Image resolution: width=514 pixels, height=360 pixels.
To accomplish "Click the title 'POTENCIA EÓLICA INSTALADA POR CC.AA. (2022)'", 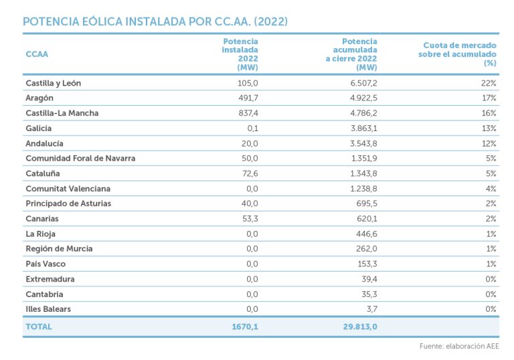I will point(155,21).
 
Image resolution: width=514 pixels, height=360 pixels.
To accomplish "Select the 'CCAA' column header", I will point(37,54).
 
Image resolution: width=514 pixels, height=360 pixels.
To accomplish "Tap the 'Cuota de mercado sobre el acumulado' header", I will point(457,54).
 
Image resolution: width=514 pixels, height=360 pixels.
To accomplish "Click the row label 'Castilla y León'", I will point(54,83).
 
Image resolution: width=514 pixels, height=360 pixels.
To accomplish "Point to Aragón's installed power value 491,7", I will point(246,98).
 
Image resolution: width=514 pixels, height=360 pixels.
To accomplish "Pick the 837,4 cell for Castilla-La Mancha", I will point(246,113).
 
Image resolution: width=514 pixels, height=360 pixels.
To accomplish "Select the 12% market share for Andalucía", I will point(489,143).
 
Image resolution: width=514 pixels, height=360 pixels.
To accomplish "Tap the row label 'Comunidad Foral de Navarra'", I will point(80,159).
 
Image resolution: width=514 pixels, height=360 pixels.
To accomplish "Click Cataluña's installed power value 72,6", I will point(248,173).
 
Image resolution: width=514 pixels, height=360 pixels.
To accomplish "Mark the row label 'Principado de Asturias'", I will point(68,203).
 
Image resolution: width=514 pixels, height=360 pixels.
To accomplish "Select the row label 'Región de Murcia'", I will point(59,249).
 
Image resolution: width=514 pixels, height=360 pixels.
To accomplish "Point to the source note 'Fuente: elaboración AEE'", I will point(459,347).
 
